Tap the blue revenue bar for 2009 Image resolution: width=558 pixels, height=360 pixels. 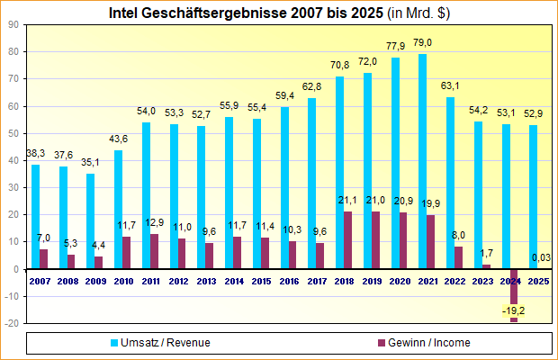(90, 221)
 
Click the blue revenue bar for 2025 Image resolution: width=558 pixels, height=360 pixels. (534, 197)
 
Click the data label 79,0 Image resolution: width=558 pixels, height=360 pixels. (422, 43)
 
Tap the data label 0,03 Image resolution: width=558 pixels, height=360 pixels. (542, 258)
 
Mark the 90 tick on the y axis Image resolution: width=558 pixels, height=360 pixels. (14, 24)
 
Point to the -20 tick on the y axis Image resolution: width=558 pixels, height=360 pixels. (13, 323)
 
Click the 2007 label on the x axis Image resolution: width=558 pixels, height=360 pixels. (39, 282)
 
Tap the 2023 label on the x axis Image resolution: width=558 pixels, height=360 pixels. (482, 282)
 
